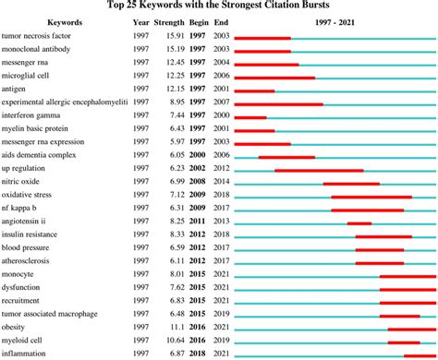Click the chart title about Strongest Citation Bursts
point(219,5)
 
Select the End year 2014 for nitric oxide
point(220,183)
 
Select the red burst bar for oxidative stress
point(371,197)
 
